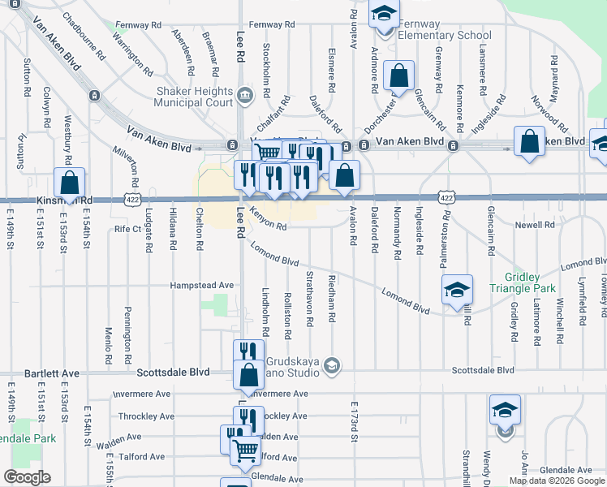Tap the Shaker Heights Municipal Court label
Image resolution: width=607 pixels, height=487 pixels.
pos(196,97)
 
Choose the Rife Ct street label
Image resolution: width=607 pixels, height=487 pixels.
pos(127,229)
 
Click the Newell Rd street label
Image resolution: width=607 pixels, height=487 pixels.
pos(539,225)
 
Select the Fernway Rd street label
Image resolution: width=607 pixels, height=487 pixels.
pos(138,25)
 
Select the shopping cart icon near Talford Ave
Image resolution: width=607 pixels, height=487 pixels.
pos(245,450)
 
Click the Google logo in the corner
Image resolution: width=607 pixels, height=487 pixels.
pos(26,477)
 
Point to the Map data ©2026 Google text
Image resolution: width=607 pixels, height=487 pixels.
pos(556,481)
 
